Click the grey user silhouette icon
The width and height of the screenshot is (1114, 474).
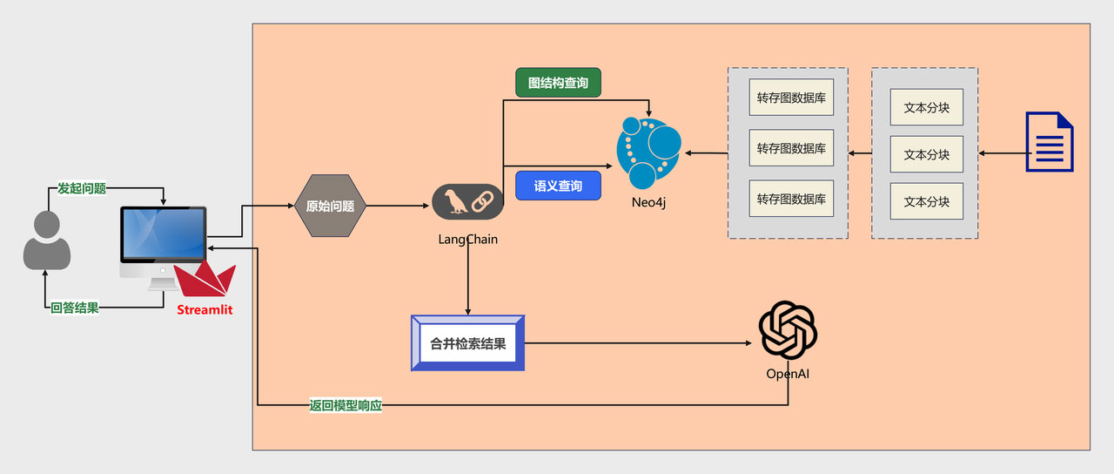(x=46, y=240)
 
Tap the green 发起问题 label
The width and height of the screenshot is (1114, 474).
(x=82, y=188)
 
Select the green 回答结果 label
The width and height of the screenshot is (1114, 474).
(x=75, y=308)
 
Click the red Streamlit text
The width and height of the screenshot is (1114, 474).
(x=205, y=309)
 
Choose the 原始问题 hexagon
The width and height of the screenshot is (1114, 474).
(x=331, y=207)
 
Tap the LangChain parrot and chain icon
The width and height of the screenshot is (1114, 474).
(x=468, y=201)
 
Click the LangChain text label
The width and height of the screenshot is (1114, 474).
(x=468, y=239)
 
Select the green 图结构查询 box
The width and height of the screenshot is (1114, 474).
(x=558, y=83)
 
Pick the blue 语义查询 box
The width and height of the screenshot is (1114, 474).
(x=558, y=186)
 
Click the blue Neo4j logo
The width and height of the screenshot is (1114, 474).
(x=648, y=152)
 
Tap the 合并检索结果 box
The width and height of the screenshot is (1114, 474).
(x=467, y=343)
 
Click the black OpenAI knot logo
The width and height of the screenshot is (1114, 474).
(x=788, y=330)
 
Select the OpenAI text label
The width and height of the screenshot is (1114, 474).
(x=788, y=374)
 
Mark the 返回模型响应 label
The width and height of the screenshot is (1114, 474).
(x=346, y=405)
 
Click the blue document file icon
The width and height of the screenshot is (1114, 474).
(x=1050, y=141)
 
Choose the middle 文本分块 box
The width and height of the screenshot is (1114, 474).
(x=926, y=154)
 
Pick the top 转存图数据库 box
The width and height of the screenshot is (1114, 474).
(x=791, y=98)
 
